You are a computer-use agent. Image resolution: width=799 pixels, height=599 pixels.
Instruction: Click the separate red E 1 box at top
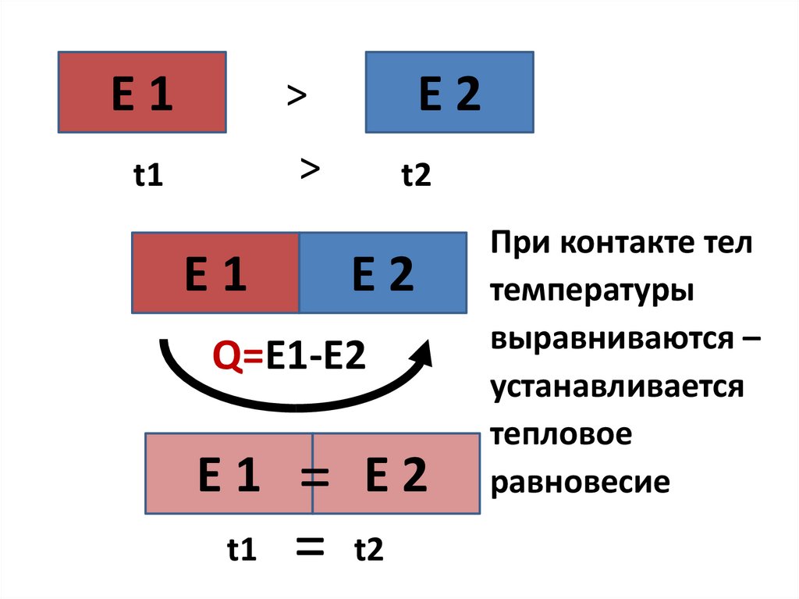(142, 92)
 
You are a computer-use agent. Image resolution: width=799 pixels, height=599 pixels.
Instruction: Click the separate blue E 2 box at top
(449, 92)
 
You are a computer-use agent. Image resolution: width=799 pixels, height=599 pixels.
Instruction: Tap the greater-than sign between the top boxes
(296, 97)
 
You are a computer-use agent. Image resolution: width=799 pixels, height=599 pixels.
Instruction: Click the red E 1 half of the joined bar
(216, 273)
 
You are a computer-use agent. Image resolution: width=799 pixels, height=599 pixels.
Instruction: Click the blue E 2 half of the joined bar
(382, 273)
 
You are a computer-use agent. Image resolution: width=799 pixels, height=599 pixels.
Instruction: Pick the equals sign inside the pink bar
(314, 476)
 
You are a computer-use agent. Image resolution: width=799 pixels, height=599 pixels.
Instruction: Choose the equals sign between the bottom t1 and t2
(310, 549)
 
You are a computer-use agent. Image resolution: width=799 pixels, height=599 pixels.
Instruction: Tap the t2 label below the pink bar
(369, 551)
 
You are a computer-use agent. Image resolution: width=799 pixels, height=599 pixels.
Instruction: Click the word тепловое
(560, 434)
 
